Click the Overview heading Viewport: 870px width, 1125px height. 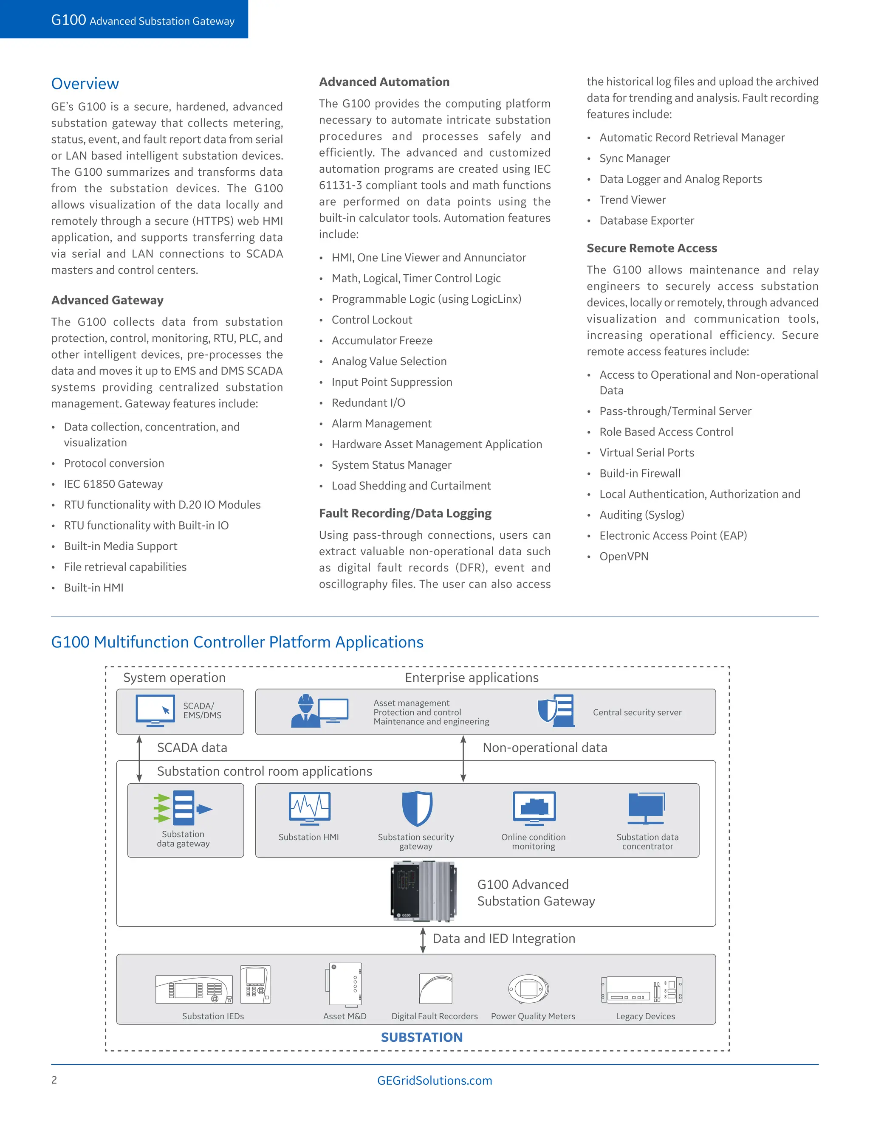(85, 84)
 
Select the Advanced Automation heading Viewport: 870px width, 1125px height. (384, 82)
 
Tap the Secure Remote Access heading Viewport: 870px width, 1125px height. (652, 248)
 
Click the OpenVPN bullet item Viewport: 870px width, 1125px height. (624, 556)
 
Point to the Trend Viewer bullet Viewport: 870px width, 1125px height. (633, 200)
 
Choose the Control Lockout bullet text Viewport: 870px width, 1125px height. (372, 320)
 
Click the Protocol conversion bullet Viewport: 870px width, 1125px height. (114, 463)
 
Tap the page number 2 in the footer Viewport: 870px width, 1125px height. (54, 1080)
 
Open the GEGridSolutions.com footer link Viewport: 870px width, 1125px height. (435, 1080)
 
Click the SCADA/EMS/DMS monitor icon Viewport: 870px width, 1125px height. (155, 710)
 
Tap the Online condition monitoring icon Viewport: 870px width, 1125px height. (534, 808)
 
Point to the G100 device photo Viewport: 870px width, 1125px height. (423, 891)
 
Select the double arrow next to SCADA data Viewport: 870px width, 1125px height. (139, 758)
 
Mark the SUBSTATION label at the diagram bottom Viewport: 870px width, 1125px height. (421, 1037)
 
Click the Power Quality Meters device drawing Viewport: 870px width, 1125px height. (528, 989)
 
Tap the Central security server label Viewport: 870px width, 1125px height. (637, 712)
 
